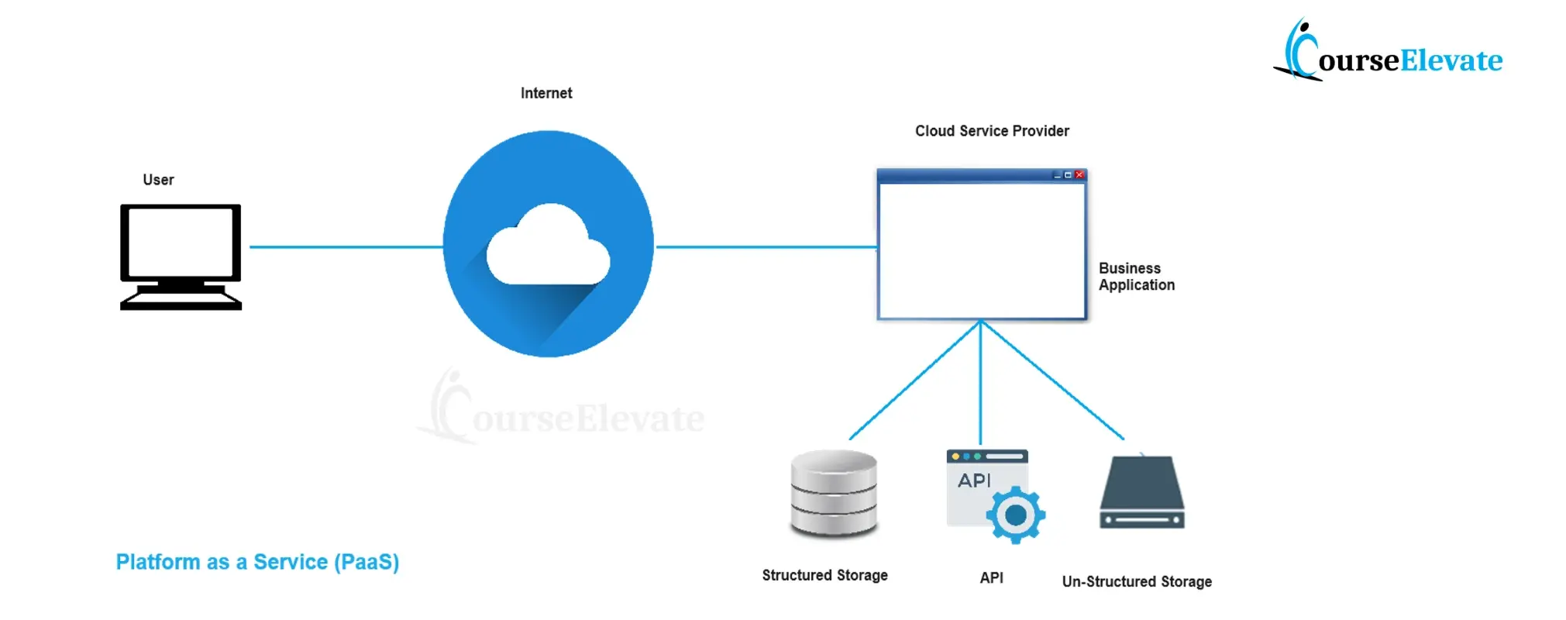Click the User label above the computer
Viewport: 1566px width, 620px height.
click(x=158, y=180)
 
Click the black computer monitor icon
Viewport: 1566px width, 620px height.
click(x=181, y=256)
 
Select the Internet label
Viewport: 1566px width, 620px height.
click(x=546, y=93)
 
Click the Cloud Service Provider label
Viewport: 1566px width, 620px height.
click(x=992, y=131)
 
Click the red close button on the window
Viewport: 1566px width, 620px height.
click(x=1079, y=175)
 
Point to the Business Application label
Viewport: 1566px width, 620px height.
click(x=1136, y=277)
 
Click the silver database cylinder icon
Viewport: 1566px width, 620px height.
click(x=834, y=494)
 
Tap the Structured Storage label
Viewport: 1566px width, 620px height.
click(x=824, y=575)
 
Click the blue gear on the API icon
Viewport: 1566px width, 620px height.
click(x=1015, y=515)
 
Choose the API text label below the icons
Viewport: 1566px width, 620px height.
click(x=991, y=577)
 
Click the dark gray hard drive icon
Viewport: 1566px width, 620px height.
click(x=1142, y=494)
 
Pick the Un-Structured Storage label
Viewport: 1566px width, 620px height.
click(x=1137, y=581)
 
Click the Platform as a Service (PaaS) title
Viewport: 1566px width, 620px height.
click(x=257, y=562)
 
